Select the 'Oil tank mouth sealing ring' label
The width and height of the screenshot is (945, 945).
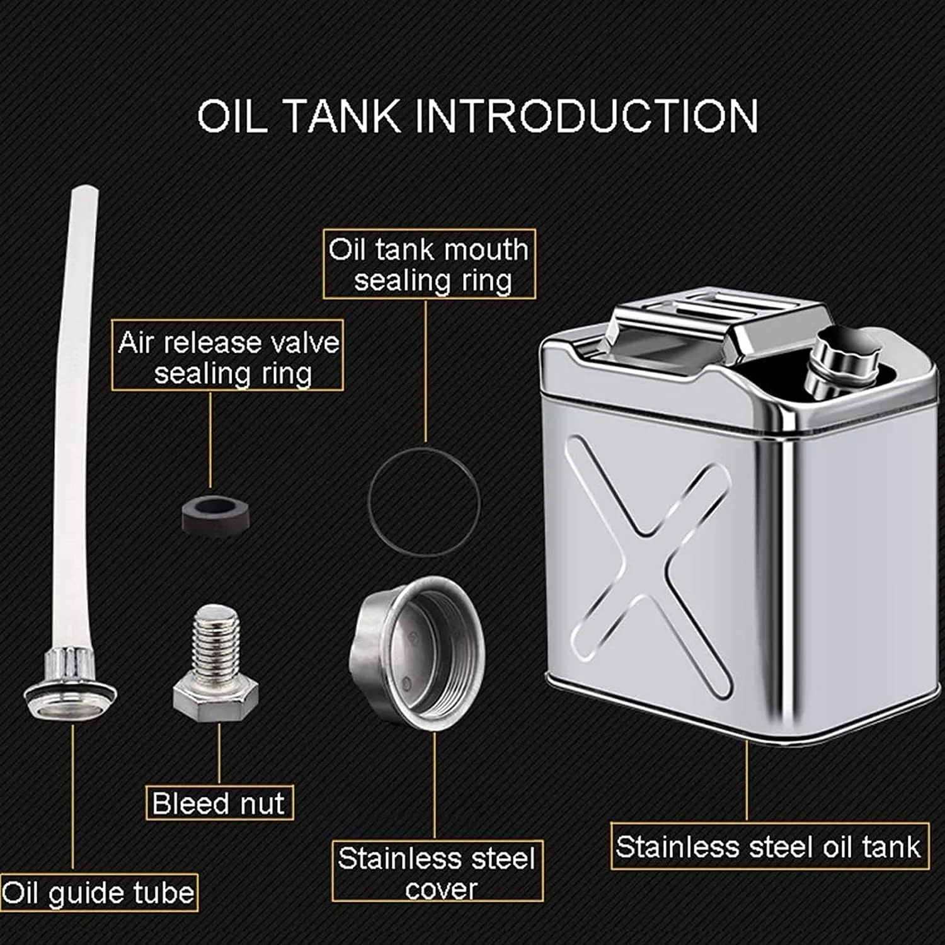pos(429,264)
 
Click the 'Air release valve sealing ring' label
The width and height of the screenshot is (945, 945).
pos(227,355)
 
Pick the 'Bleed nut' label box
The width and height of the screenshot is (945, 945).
pos(219,803)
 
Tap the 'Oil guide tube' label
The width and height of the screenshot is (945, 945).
pos(99,893)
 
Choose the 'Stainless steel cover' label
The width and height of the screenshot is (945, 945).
pos(437,871)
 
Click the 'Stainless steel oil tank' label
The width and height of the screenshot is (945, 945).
pos(769,846)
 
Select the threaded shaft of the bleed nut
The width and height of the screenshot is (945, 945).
pos(217,638)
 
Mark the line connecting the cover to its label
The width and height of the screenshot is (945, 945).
pos(435,786)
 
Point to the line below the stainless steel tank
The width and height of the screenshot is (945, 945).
pos(747,781)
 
